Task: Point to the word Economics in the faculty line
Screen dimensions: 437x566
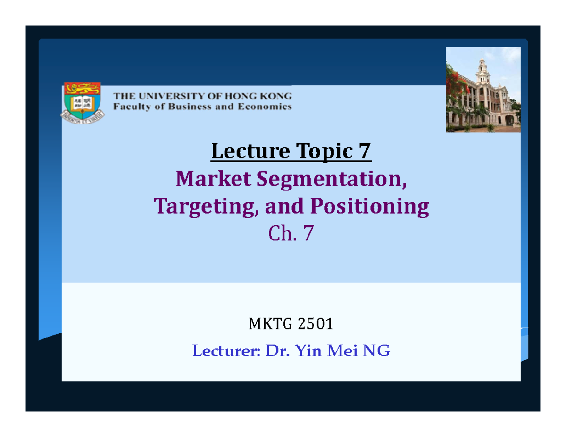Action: click(x=267, y=107)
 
